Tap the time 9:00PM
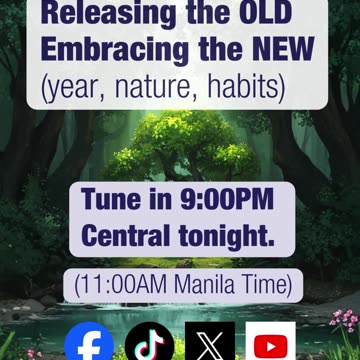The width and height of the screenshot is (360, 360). [x=231, y=199]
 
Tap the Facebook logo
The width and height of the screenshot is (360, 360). [x=89, y=342]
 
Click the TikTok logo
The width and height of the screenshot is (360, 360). [x=149, y=342]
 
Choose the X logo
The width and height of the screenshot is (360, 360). [x=210, y=342]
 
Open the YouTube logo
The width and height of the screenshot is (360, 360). [x=270, y=342]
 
